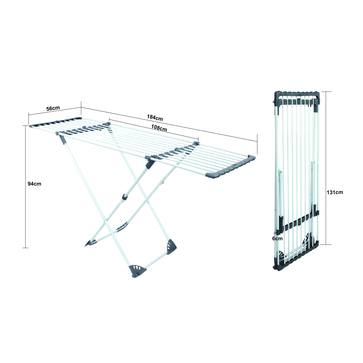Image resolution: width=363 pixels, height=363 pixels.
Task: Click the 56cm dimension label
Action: [x=53, y=108]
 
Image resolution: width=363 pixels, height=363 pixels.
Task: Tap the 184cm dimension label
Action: [x=155, y=117]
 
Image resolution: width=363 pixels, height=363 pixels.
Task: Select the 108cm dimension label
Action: [x=159, y=128]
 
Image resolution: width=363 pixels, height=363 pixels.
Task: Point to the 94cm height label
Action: [x=34, y=184]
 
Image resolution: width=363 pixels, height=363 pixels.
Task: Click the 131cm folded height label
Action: [x=335, y=192]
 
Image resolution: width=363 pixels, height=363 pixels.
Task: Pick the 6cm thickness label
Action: [x=277, y=239]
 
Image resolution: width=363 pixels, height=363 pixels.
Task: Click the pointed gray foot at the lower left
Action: [x=90, y=243]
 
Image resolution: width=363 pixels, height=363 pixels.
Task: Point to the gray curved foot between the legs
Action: [x=122, y=226]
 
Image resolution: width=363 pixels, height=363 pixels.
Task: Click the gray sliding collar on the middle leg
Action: [x=125, y=197]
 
